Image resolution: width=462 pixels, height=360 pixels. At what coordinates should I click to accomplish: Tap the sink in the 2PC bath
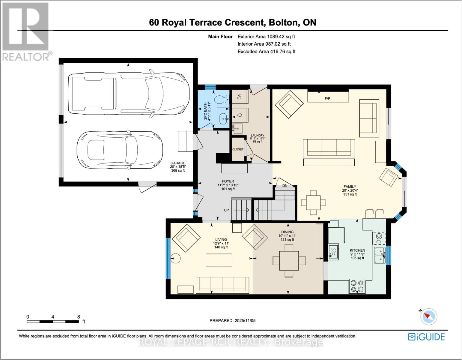(x=223, y=118)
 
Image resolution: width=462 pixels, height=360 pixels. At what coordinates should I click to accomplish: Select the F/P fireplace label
(x=327, y=98)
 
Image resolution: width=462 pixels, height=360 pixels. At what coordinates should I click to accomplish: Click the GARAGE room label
(x=178, y=163)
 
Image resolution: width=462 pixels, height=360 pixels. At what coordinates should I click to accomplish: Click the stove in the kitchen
(x=357, y=286)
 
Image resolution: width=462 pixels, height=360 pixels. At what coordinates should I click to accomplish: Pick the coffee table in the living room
(x=219, y=260)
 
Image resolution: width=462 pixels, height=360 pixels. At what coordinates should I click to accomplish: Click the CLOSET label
(x=238, y=149)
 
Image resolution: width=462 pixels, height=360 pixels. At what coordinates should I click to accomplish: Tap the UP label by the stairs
(x=226, y=210)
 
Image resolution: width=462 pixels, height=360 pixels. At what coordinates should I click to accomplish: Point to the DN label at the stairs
(x=285, y=186)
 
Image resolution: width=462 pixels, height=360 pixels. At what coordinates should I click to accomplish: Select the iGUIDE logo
(x=426, y=337)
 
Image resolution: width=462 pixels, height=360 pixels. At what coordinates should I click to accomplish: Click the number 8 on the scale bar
(x=79, y=317)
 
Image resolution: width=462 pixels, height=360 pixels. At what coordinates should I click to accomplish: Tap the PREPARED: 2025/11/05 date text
(x=232, y=320)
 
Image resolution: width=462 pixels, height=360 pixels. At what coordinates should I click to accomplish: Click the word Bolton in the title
(x=283, y=22)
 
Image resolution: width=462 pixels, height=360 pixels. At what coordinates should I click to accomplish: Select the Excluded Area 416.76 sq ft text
(x=266, y=52)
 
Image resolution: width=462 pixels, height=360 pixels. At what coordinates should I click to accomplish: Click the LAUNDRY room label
(x=257, y=136)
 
